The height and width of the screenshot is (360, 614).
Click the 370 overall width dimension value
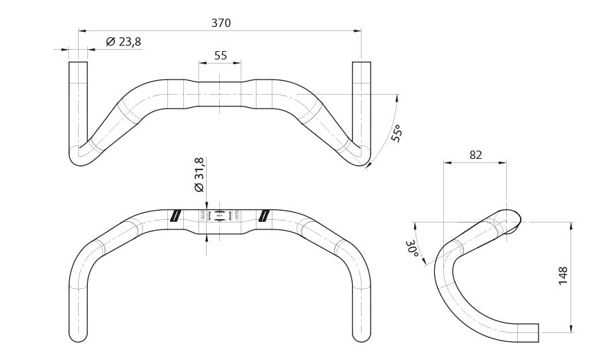[x=221, y=23]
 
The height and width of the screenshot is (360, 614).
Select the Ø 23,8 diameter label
[x=124, y=42]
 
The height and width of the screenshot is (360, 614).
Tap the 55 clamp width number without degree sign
[x=221, y=55]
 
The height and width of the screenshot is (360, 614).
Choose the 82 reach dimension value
[x=475, y=155]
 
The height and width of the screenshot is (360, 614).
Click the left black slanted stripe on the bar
[x=175, y=216]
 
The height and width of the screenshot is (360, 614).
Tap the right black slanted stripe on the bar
[x=263, y=216]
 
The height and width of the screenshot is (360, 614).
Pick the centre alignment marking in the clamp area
[x=220, y=216]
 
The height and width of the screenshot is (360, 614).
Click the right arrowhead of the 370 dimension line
[x=357, y=30]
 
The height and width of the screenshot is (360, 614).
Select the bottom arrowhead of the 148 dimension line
[x=570, y=329]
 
